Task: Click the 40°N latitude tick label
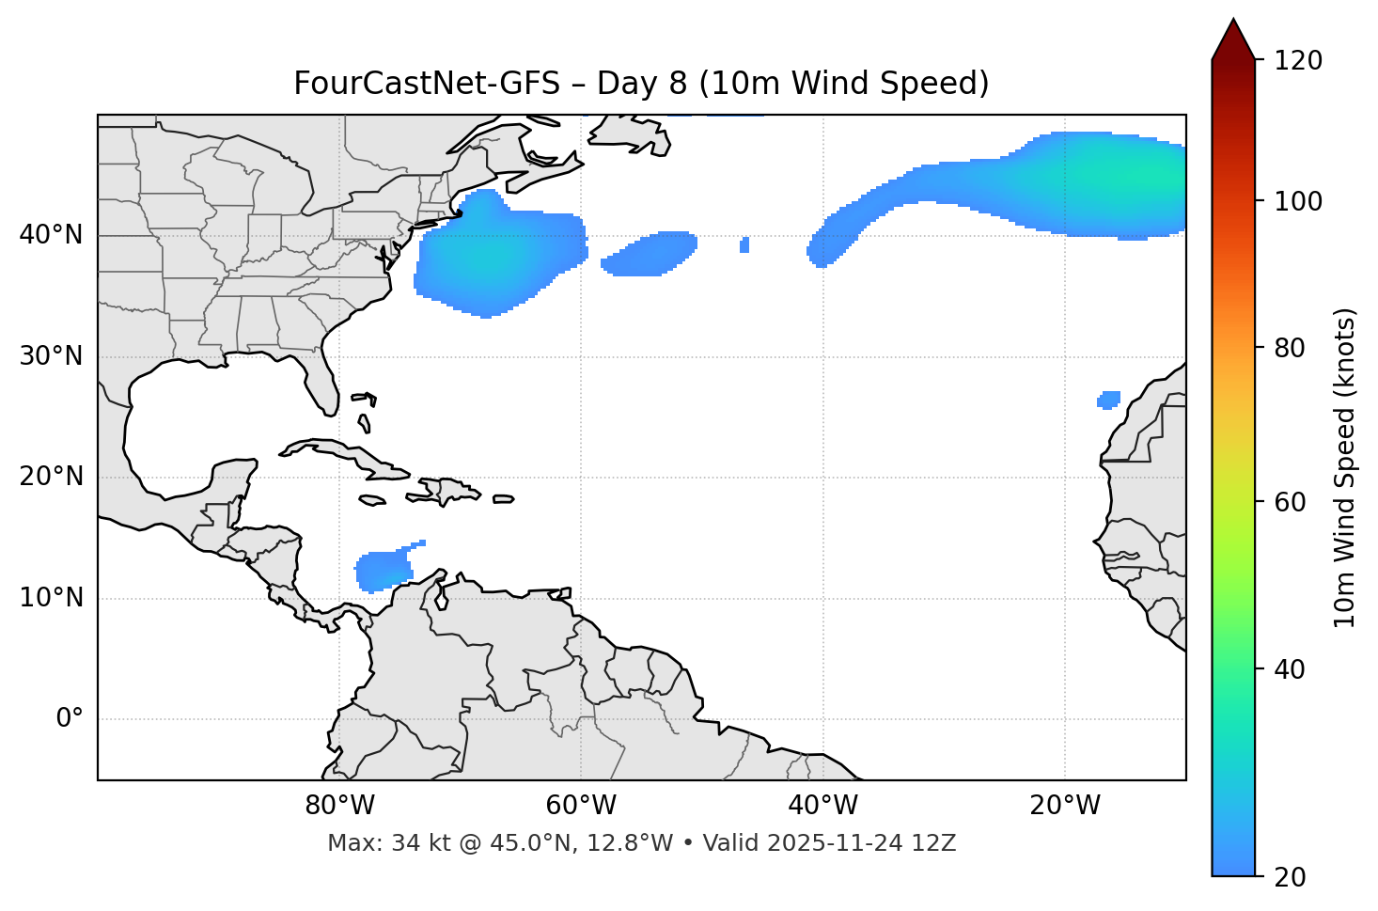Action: [x=51, y=235]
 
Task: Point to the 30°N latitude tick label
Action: [x=51, y=356]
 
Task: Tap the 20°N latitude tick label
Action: [x=51, y=478]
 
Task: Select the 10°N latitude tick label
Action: [x=51, y=598]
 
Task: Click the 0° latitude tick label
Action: [x=70, y=719]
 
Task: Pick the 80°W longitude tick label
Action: [x=339, y=806]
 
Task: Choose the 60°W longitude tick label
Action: [x=581, y=806]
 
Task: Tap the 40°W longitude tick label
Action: [x=822, y=806]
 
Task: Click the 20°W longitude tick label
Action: [x=1064, y=806]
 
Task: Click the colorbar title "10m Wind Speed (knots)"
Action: [x=1345, y=467]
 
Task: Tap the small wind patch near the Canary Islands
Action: [x=1109, y=400]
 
